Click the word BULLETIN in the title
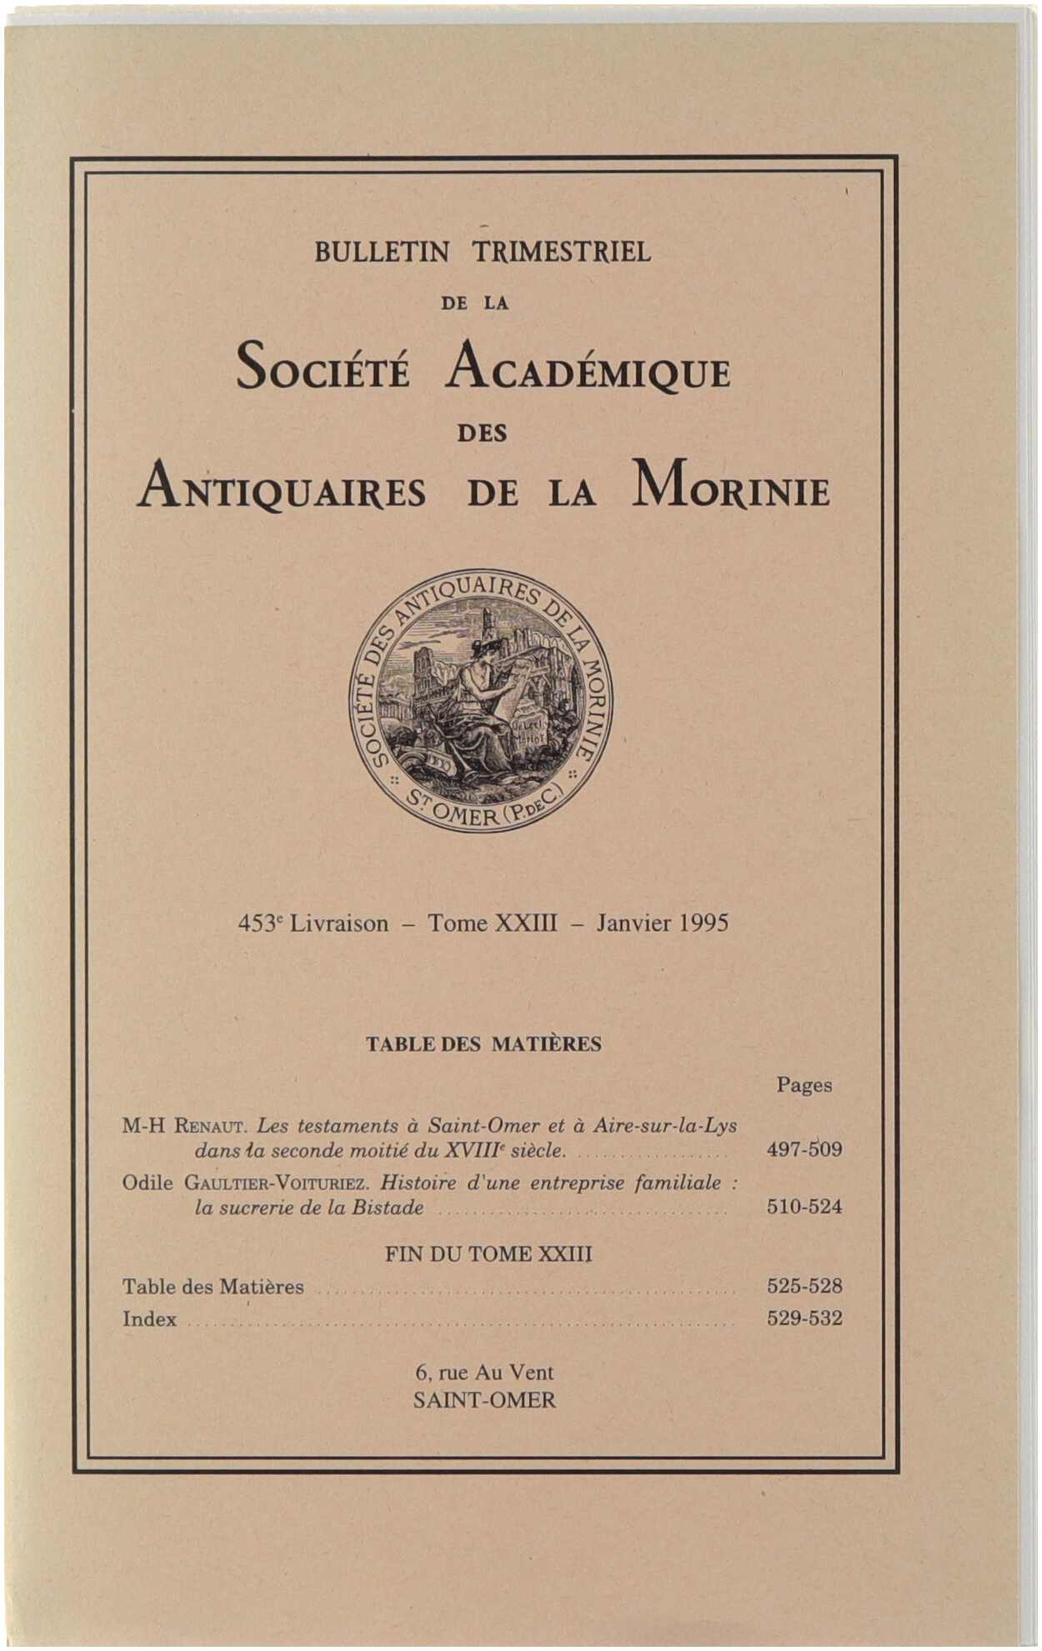click(x=382, y=252)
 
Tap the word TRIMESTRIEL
click(x=562, y=252)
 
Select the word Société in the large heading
click(x=323, y=368)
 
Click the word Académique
click(x=588, y=368)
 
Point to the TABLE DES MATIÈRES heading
click(x=483, y=1044)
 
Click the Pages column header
click(x=804, y=1085)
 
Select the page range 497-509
click(x=804, y=1150)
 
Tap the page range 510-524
click(x=804, y=1207)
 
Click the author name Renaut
click(x=208, y=1127)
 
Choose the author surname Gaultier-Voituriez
click(x=276, y=1183)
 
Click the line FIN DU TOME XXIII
click(x=488, y=1254)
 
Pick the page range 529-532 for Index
click(x=804, y=1318)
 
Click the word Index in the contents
click(x=150, y=1319)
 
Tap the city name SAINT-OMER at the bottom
click(x=484, y=1400)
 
